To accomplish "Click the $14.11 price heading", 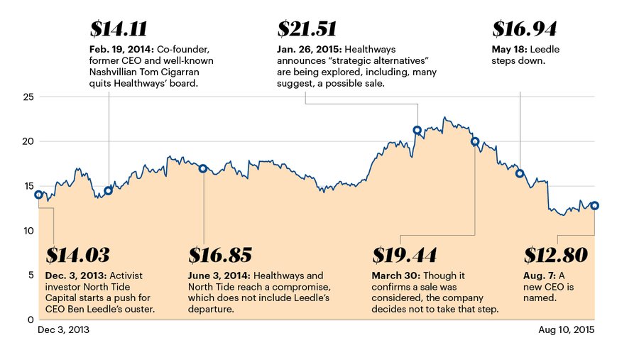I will coord(119,29).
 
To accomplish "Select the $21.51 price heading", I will coord(307,29).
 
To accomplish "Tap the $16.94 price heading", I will coord(524,29).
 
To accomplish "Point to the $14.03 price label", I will coord(77,255).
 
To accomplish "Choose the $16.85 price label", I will coord(220,255).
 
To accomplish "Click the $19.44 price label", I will coord(404,255).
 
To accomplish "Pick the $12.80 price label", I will coord(555,255).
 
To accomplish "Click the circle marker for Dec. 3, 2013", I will coord(38,195).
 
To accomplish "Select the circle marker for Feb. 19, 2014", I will coord(109,190).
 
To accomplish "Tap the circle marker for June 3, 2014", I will coord(203,168).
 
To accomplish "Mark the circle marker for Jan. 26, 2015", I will coord(417,130).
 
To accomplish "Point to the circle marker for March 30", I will coord(475,141).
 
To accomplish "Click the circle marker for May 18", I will coord(520,173).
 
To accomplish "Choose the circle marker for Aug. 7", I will coord(594,205).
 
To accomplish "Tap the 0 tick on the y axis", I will coord(29,320).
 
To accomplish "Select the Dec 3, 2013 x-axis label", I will coord(62,330).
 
